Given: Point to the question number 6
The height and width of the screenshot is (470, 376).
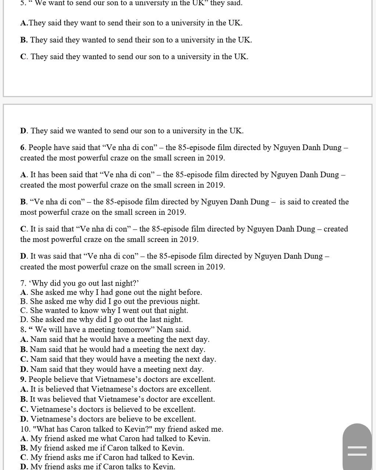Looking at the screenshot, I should (23, 148).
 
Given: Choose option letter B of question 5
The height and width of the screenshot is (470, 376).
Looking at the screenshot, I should (23, 40).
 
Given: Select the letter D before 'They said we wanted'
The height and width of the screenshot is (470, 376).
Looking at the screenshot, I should (23, 131).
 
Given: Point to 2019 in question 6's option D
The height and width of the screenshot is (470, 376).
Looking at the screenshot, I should (214, 267).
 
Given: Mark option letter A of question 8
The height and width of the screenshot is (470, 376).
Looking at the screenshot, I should (24, 339).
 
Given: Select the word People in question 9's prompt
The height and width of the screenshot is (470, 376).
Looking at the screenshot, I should (40, 379).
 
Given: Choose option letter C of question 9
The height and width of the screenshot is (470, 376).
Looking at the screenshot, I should (24, 409).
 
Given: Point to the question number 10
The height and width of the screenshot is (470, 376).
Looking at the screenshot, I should (25, 429).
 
